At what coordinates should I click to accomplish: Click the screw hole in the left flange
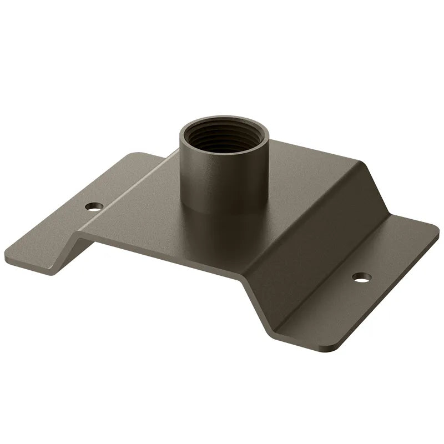tap(94, 206)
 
